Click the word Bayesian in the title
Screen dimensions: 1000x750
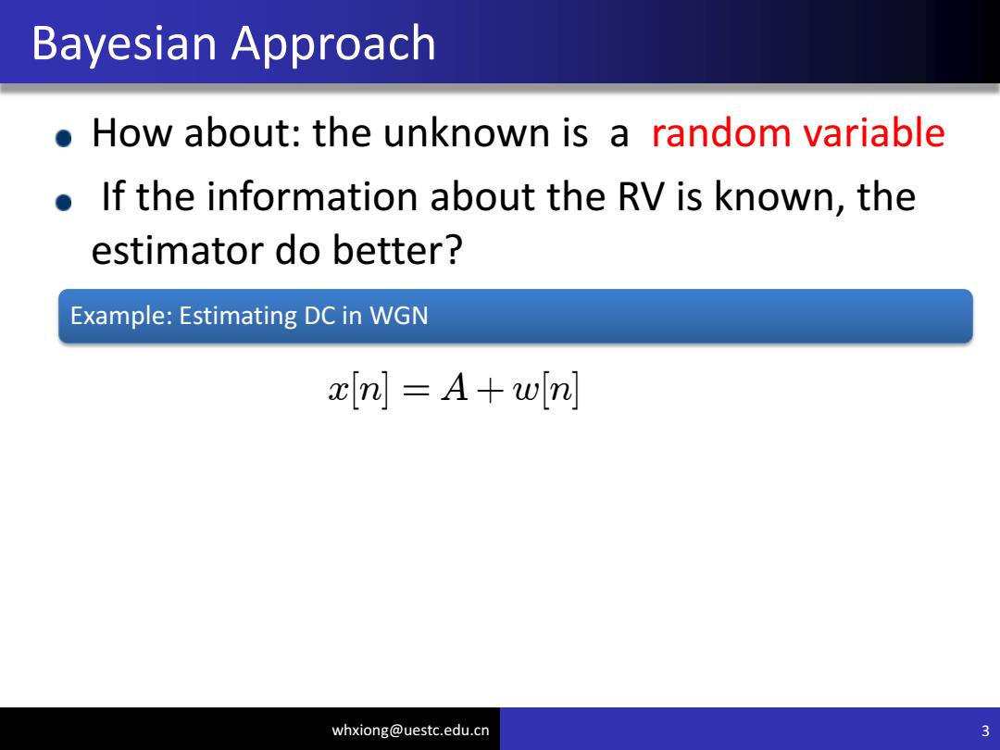pyautogui.click(x=124, y=44)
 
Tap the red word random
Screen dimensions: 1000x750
pyautogui.click(x=721, y=132)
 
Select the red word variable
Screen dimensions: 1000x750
pyautogui.click(x=874, y=132)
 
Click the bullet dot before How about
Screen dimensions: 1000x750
pyautogui.click(x=63, y=138)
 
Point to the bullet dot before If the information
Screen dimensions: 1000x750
pyautogui.click(x=63, y=203)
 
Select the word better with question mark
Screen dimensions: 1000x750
pyautogui.click(x=396, y=249)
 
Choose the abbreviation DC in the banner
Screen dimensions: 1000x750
pyautogui.click(x=319, y=316)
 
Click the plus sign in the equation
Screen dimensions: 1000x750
pyautogui.click(x=490, y=390)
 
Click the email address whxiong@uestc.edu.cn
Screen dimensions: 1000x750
pyautogui.click(x=410, y=731)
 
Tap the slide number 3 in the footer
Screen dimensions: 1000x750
pyautogui.click(x=985, y=731)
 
